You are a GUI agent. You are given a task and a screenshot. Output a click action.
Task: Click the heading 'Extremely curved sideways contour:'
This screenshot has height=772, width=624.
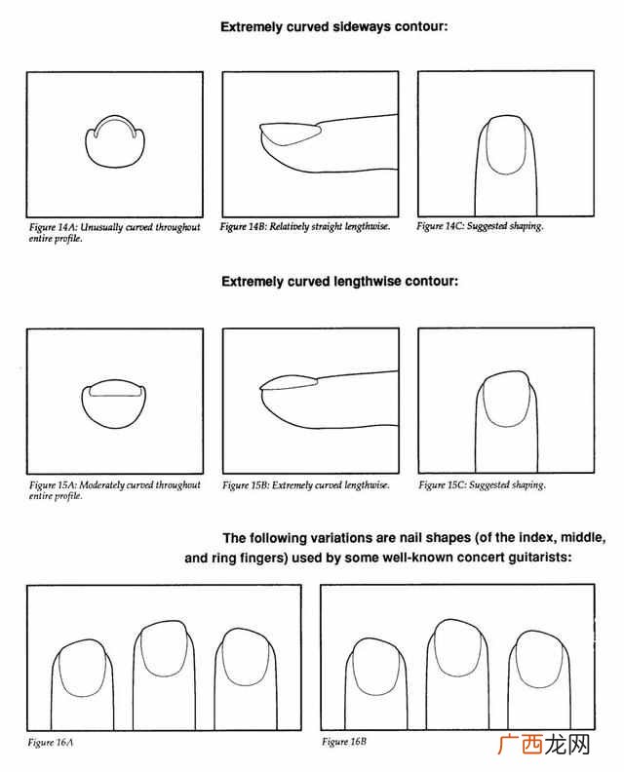(x=333, y=26)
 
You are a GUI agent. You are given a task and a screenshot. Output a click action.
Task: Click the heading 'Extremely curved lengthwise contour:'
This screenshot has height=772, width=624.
(x=339, y=282)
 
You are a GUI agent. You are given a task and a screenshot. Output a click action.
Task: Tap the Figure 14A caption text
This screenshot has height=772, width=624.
(x=114, y=233)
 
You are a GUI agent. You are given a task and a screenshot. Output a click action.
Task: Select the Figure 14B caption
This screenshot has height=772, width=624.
(x=305, y=226)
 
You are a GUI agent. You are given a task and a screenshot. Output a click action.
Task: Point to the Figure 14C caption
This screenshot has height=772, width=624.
(x=480, y=226)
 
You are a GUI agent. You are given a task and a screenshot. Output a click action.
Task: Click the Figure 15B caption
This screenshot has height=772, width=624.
(x=306, y=485)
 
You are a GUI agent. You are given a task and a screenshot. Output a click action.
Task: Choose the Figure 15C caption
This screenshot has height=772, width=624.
(x=483, y=485)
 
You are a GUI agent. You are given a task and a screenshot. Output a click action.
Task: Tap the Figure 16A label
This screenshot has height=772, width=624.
(x=51, y=743)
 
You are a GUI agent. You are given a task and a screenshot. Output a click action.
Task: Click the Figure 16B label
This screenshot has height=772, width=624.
(x=344, y=742)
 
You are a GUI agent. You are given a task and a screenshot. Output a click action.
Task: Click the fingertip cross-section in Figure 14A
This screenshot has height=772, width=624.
(x=115, y=142)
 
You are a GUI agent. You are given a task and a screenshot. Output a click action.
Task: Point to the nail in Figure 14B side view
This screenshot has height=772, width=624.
(x=291, y=134)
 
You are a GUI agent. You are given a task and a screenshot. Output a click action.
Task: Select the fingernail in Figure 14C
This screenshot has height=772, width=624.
(x=505, y=144)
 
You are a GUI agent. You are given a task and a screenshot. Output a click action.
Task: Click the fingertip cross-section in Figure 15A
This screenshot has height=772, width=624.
(x=115, y=404)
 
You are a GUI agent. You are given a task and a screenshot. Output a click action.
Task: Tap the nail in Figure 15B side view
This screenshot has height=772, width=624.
(x=289, y=383)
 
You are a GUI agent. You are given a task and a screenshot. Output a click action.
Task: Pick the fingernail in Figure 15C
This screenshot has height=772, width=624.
(x=507, y=399)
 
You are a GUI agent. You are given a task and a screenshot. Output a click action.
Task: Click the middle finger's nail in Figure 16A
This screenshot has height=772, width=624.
(x=164, y=648)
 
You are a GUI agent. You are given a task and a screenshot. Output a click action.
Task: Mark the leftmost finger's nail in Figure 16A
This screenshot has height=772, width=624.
(x=82, y=668)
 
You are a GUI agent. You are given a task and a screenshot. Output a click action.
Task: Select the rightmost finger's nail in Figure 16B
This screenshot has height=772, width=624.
(x=539, y=659)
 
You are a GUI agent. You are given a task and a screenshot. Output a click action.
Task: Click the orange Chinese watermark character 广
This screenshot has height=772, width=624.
(x=508, y=745)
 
